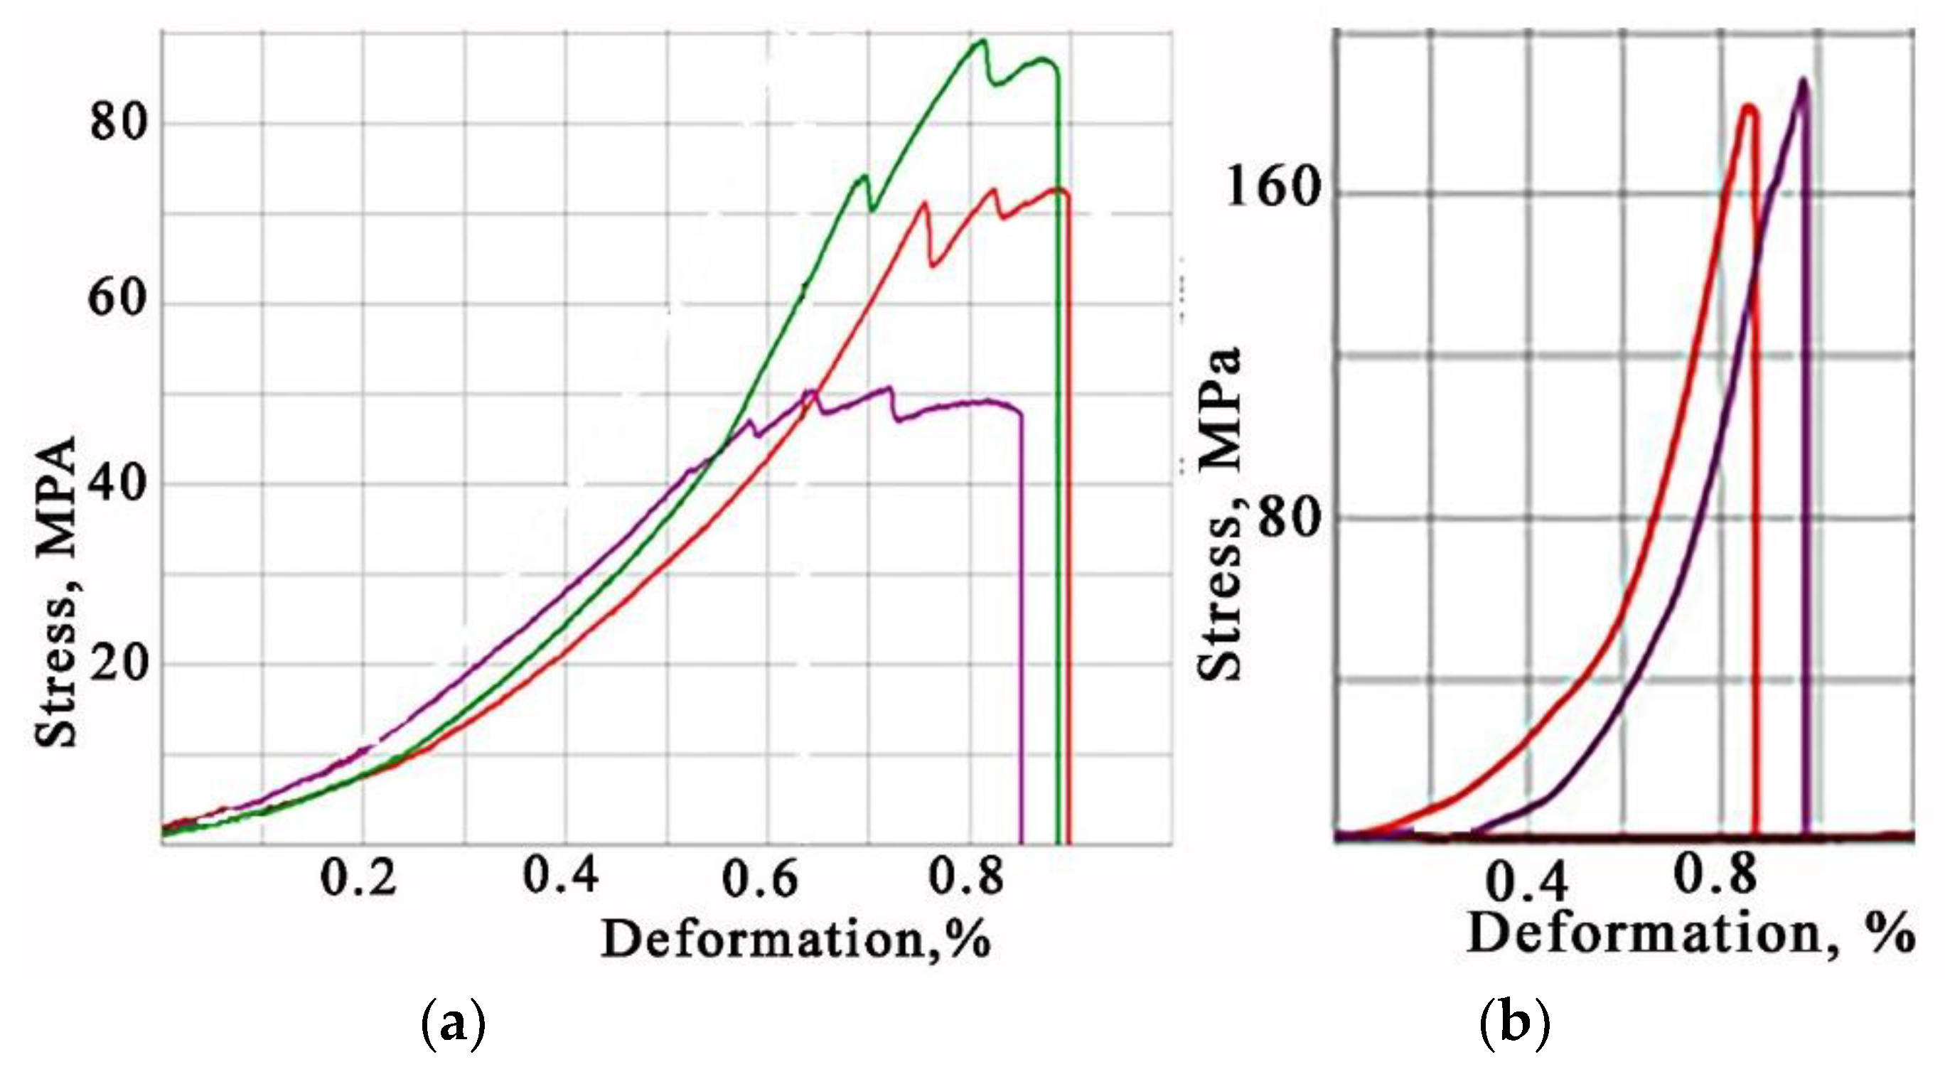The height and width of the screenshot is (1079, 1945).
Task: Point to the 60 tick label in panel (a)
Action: point(117,298)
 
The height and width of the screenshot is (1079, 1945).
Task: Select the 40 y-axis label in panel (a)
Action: point(117,483)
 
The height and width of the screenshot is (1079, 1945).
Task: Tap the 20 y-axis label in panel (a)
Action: point(117,664)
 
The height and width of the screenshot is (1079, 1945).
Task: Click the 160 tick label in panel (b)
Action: point(1272,186)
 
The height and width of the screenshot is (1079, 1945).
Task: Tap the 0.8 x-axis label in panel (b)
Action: point(1715,874)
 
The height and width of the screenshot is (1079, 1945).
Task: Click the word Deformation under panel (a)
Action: point(763,941)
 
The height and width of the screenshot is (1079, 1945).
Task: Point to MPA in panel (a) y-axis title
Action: point(57,497)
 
